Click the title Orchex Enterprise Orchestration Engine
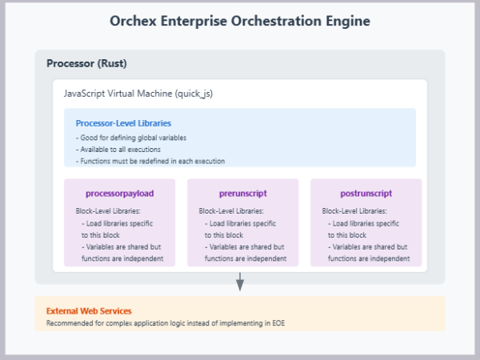pyautogui.click(x=240, y=22)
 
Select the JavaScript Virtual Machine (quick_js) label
pyautogui.click(x=138, y=94)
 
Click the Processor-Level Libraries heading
pyautogui.click(x=123, y=123)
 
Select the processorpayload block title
pyautogui.click(x=119, y=194)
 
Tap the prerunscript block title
pyautogui.click(x=242, y=194)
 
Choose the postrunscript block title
pyautogui.click(x=366, y=194)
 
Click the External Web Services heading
pyautogui.click(x=89, y=310)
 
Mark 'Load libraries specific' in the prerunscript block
pyautogui.click(x=242, y=223)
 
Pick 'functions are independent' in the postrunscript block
pyautogui.click(x=369, y=258)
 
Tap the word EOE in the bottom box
pyautogui.click(x=276, y=323)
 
